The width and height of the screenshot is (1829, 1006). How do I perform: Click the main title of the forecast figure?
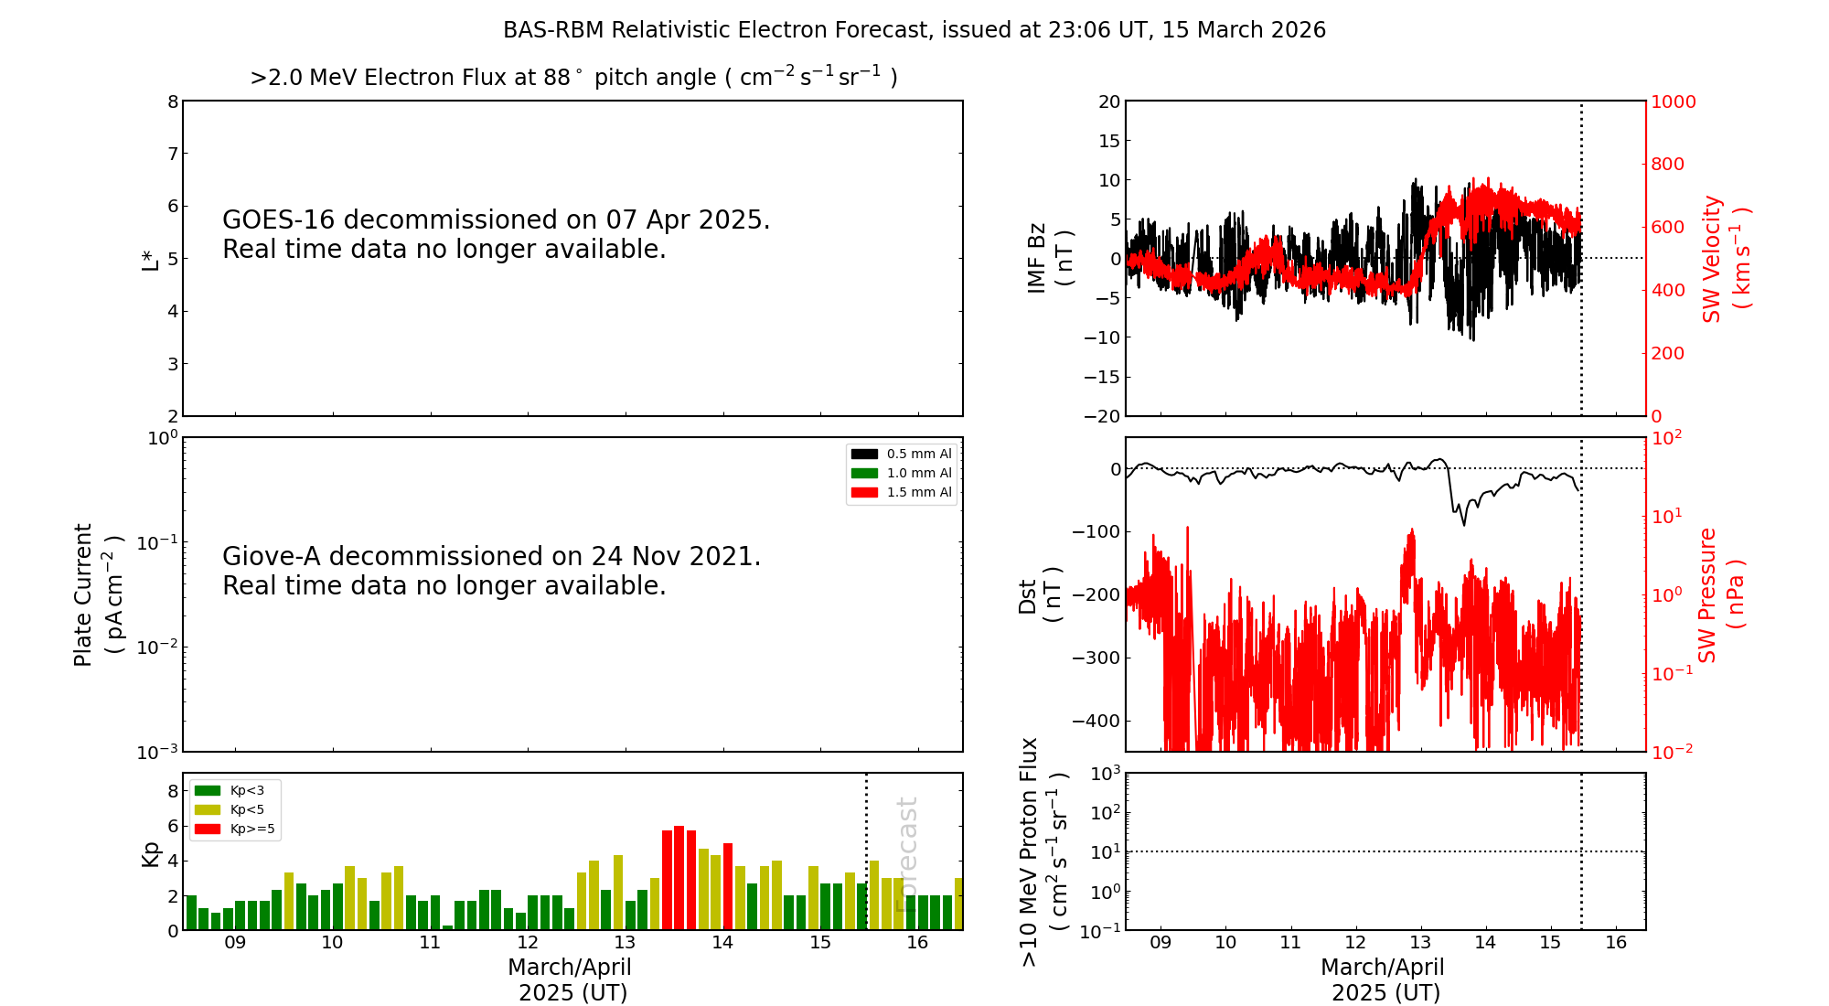[x=914, y=30]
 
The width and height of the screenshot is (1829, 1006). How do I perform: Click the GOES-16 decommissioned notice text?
[x=496, y=234]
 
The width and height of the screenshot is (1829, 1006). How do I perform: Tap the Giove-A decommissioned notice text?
[x=491, y=571]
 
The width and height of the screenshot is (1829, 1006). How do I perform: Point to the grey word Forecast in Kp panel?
[x=906, y=854]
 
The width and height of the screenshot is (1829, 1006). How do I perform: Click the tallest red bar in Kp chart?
[x=679, y=878]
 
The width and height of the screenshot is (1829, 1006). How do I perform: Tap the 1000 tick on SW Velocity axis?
[x=1673, y=102]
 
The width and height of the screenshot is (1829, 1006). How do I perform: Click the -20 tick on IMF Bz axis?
[x=1102, y=416]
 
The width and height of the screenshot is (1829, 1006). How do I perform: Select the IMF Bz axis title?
[x=1048, y=258]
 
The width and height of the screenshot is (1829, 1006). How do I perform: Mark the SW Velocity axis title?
[x=1725, y=258]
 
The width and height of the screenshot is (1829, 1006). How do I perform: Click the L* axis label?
[x=150, y=260]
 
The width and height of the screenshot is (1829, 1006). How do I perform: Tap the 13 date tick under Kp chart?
[x=625, y=943]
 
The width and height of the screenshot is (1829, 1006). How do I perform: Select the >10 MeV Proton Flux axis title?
[x=1043, y=851]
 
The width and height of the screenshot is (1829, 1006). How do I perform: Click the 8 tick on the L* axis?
[x=172, y=102]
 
